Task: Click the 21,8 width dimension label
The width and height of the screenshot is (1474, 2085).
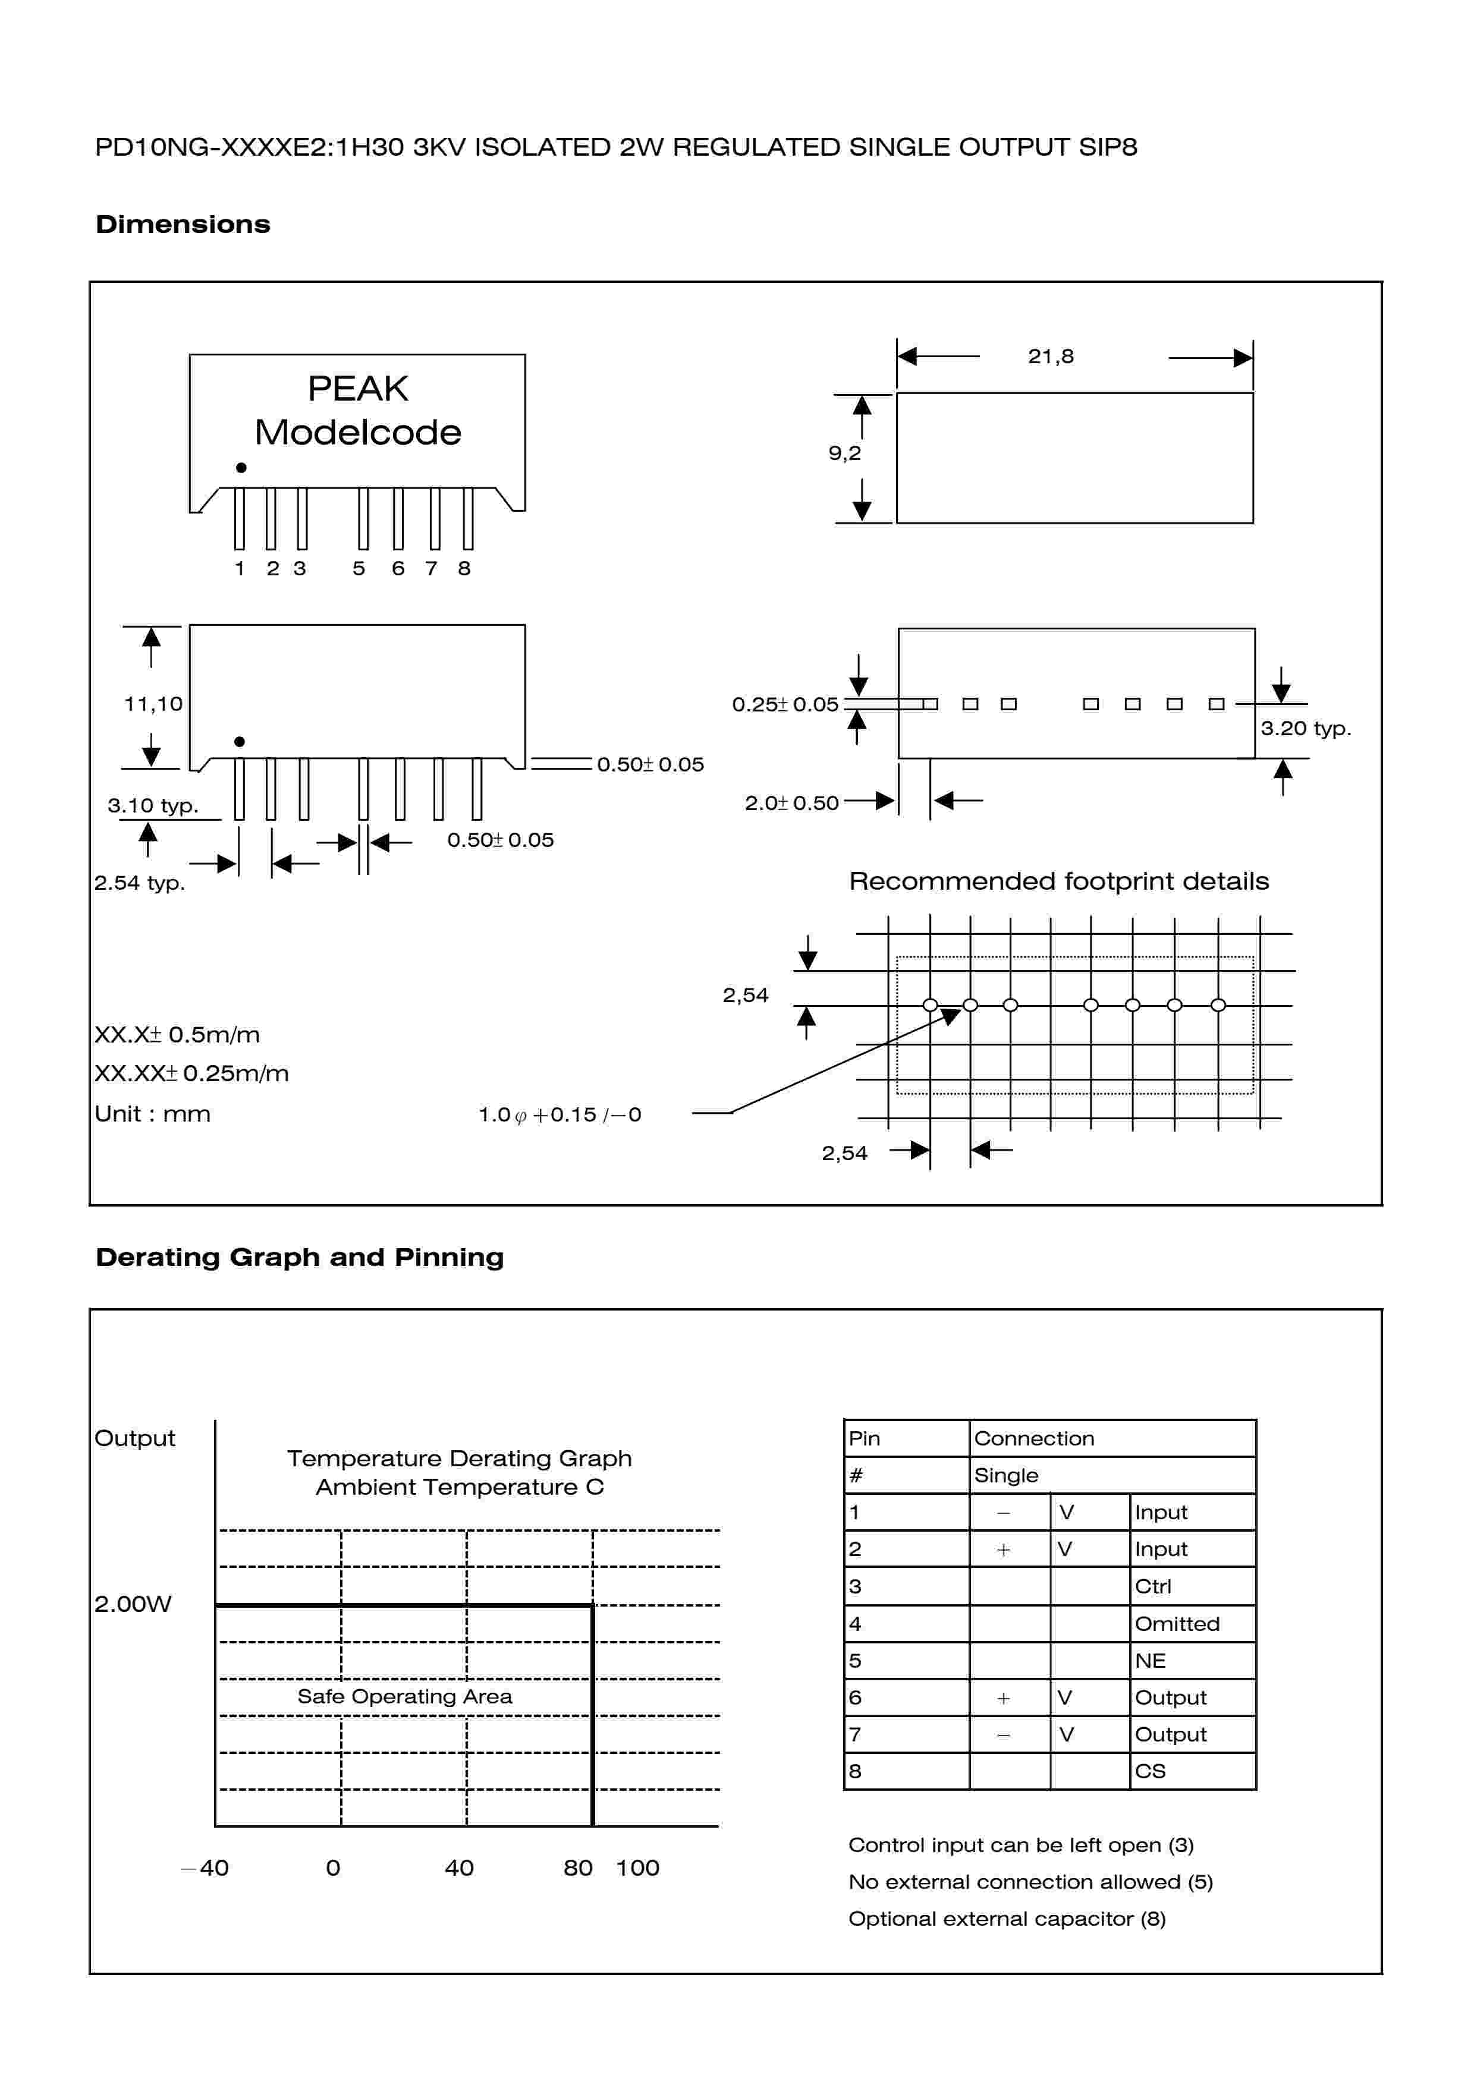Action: pos(1050,356)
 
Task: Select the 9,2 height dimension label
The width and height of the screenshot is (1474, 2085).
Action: pos(844,453)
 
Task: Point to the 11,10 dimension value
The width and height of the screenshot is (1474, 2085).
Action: pos(153,704)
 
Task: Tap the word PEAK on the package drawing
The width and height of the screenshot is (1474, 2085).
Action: pos(358,389)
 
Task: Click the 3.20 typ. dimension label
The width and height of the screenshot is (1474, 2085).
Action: pos(1305,728)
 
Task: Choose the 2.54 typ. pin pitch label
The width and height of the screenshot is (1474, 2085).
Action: pos(139,883)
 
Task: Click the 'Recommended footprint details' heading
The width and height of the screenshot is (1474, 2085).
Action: pos(1058,881)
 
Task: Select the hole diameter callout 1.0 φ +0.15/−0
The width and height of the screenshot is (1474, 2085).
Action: pos(560,1114)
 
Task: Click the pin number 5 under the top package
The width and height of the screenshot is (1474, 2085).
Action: pos(359,568)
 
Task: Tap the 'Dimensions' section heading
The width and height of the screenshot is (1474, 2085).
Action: pos(183,224)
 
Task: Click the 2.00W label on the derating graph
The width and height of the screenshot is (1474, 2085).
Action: pos(133,1604)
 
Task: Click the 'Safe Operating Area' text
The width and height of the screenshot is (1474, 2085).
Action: pos(404,1696)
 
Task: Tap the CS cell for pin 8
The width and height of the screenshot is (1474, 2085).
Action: pos(1150,1771)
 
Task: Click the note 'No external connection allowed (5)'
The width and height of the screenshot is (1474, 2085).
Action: pos(1030,1882)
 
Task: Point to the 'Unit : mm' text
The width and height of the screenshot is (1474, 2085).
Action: pos(153,1114)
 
